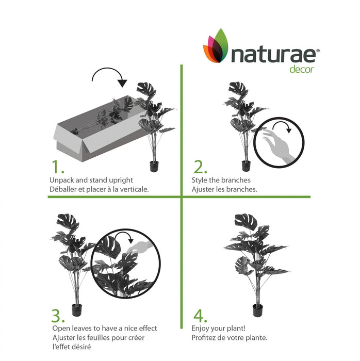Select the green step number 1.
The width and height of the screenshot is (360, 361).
coord(57,167)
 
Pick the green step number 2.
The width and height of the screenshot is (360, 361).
coord(200,167)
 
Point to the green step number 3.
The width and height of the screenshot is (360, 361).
coord(58,315)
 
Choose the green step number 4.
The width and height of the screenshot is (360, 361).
coord(200,315)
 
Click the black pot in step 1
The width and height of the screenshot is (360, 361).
coord(153,166)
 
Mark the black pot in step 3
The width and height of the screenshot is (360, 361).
coord(77,310)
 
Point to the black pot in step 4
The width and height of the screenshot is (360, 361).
coord(258,310)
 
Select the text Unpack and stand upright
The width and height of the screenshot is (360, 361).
coord(91,180)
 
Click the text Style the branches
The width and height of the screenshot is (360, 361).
coord(221,180)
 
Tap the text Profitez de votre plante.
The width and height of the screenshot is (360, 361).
coord(229,338)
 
